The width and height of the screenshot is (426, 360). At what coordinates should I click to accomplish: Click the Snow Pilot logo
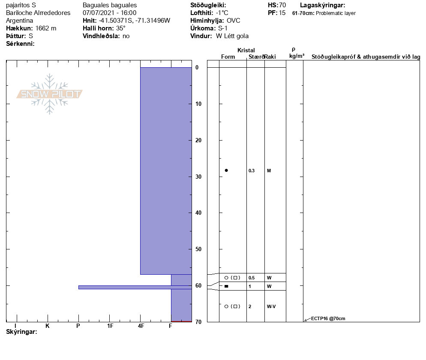click(49, 94)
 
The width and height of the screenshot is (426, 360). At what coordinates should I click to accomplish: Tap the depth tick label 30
click(198, 177)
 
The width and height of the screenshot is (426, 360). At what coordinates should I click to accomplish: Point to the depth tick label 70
click(198, 322)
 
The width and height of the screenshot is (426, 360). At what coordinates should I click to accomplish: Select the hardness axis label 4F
click(141, 326)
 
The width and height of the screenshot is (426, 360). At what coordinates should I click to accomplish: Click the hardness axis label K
click(48, 326)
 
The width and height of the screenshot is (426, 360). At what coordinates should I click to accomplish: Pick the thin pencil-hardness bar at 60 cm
click(135, 287)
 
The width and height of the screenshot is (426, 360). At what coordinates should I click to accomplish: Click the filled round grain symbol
click(226, 170)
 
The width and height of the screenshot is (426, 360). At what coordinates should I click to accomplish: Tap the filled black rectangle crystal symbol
click(226, 286)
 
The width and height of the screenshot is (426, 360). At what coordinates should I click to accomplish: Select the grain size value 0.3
click(252, 171)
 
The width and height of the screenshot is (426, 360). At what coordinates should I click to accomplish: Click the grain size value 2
click(250, 306)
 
